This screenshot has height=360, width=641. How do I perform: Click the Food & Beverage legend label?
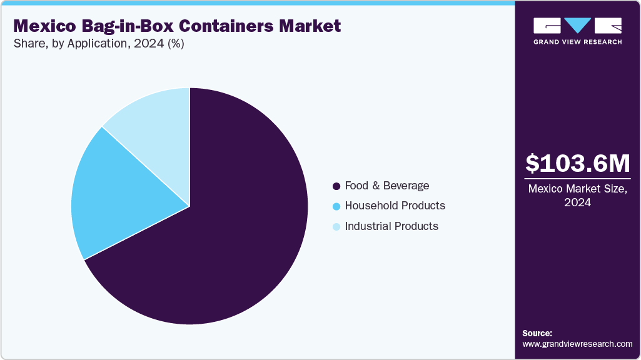point(387,186)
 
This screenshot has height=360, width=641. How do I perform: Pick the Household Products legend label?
point(395,206)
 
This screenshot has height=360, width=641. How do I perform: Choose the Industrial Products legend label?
point(391,226)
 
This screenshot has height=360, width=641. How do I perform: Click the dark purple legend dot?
point(336,186)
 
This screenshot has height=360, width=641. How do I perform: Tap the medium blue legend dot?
point(336,206)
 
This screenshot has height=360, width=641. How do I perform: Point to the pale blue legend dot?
point(336,227)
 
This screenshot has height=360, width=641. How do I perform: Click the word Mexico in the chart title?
point(46,26)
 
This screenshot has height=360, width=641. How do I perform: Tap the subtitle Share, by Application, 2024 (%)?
point(98,44)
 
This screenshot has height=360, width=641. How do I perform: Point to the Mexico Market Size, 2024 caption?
point(577,195)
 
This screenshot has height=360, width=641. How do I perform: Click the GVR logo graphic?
point(577,26)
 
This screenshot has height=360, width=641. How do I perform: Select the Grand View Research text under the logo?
point(577,42)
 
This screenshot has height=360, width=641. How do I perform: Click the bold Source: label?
point(537,333)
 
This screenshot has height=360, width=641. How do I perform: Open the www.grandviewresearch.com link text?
point(577,344)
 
